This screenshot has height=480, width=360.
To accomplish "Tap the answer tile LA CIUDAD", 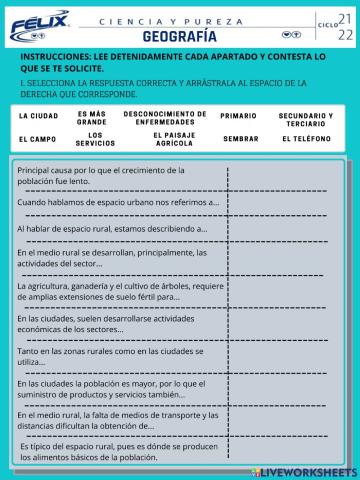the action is [x=38, y=117].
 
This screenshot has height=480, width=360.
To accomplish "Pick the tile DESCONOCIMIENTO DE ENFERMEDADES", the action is [x=165, y=117].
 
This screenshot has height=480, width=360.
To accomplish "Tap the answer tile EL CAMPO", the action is [x=38, y=139].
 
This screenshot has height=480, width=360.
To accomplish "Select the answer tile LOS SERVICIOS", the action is [x=96, y=139].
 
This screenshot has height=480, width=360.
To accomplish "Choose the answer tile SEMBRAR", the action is [x=240, y=139].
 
